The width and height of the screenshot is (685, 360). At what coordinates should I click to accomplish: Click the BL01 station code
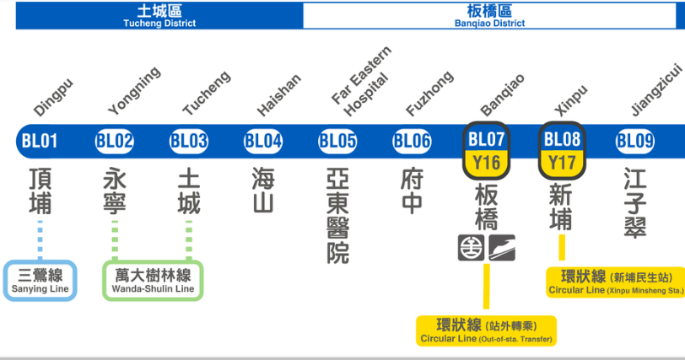click(x=39, y=141)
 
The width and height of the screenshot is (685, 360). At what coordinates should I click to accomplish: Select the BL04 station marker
click(x=262, y=141)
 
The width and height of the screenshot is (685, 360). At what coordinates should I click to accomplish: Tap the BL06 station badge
click(x=413, y=141)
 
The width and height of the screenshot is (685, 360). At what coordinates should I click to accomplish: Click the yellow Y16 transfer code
click(x=486, y=161)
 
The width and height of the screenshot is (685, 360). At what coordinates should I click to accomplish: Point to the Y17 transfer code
click(x=561, y=161)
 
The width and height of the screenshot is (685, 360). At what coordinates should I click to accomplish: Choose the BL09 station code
click(x=634, y=141)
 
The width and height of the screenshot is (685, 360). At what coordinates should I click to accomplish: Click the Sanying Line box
click(x=40, y=281)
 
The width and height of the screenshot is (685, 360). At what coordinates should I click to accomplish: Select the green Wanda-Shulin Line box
click(x=152, y=281)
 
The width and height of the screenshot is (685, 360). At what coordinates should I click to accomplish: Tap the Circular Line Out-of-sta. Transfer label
click(x=487, y=330)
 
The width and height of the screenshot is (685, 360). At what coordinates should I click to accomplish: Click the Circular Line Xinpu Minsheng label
click(x=616, y=282)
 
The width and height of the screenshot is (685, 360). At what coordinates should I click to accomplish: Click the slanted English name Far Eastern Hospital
click(x=359, y=93)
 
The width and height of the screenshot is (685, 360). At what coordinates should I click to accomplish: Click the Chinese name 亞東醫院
click(x=337, y=216)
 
